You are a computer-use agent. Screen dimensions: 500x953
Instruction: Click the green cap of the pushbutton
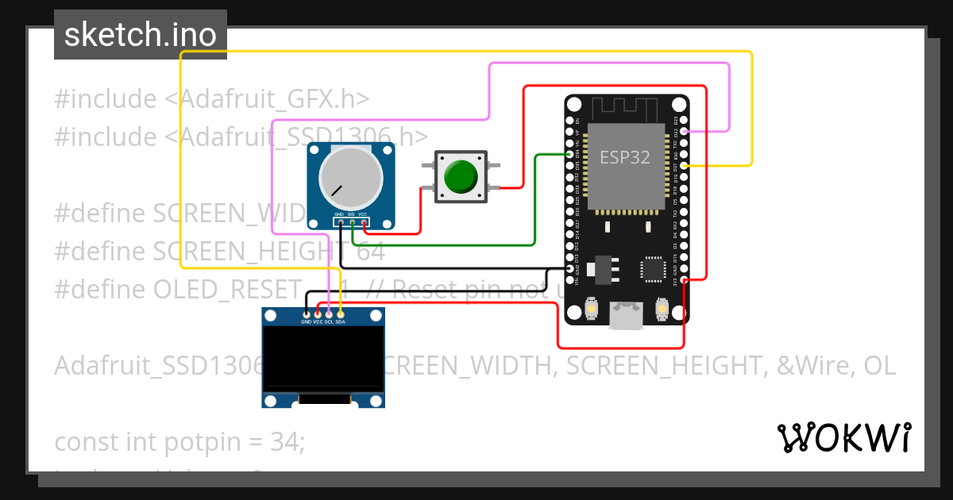[x=460, y=177]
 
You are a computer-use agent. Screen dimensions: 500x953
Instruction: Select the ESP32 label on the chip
[x=624, y=157]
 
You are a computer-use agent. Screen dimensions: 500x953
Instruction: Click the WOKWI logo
[x=843, y=437]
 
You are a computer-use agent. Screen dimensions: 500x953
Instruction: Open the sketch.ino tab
[x=140, y=35]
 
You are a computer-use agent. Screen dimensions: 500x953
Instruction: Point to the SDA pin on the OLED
[x=341, y=314]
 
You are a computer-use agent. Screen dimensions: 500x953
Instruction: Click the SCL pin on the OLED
[x=329, y=314]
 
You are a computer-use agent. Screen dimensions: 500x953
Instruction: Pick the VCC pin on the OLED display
[x=318, y=314]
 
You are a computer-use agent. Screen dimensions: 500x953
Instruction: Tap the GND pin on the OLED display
[x=307, y=314]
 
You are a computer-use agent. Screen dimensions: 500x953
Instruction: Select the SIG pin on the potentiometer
[x=351, y=222]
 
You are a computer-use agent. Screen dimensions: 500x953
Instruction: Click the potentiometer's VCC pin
[x=363, y=222]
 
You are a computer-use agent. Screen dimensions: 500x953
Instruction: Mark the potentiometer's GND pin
[x=339, y=222]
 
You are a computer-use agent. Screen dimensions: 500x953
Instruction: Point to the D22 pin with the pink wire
[x=685, y=131]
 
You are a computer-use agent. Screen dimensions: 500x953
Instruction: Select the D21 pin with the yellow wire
[x=685, y=166]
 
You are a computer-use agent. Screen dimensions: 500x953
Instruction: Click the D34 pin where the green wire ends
[x=569, y=155]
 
